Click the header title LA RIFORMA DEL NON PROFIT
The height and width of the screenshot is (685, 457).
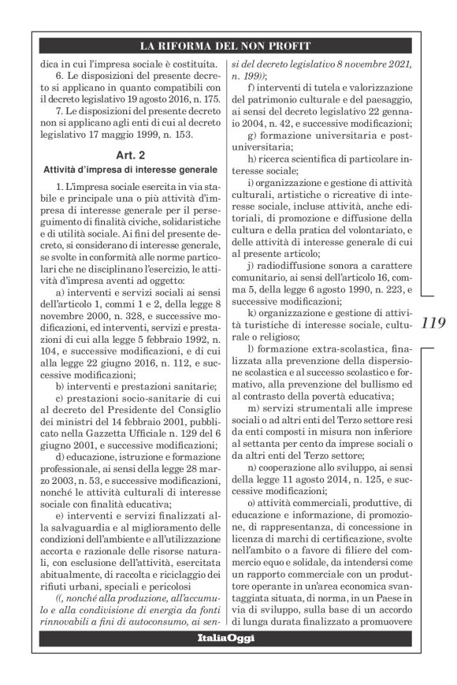click(x=225, y=45)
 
